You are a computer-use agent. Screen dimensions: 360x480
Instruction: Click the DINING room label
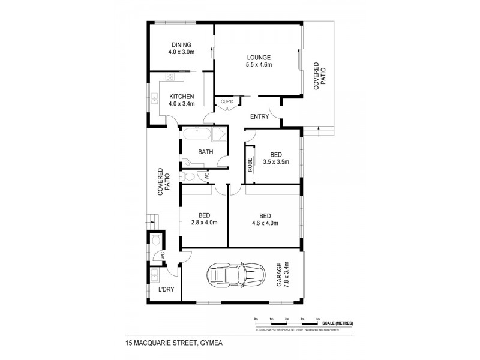[181, 44]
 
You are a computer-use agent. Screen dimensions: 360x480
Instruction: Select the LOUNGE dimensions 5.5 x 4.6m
[259, 64]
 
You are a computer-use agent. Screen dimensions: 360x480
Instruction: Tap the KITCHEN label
[181, 97]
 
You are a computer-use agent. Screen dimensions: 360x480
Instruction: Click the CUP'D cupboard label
[226, 102]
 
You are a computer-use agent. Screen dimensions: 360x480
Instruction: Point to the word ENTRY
[259, 116]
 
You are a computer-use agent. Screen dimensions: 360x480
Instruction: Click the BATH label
[206, 152]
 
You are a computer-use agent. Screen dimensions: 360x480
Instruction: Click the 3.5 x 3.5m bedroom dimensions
[276, 161]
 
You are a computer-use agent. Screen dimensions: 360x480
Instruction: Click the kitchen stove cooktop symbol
[170, 77]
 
